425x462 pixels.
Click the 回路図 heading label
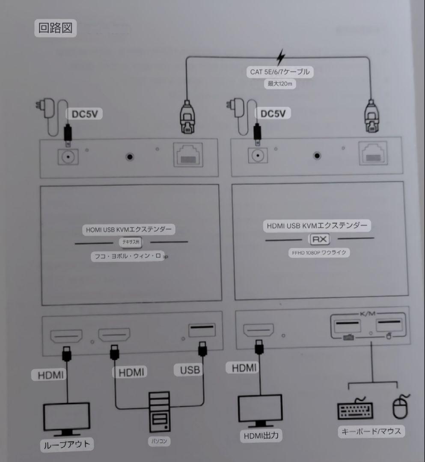pyautogui.click(x=55, y=28)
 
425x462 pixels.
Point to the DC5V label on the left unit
pyautogui.click(x=84, y=114)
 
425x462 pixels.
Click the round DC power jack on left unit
pyautogui.click(x=68, y=157)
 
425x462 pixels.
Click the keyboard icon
pyautogui.click(x=355, y=409)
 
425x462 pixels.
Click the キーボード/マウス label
pyautogui.click(x=371, y=431)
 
